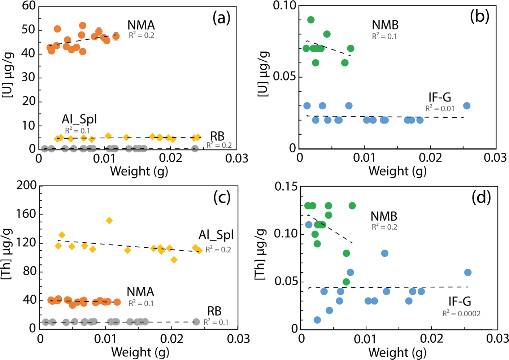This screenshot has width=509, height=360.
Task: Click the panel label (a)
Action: (x=221, y=17)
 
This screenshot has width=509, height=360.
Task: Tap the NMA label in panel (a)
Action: (x=141, y=25)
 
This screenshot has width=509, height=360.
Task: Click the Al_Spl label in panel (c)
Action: (x=216, y=235)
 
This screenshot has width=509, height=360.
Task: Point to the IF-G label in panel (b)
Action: (x=440, y=97)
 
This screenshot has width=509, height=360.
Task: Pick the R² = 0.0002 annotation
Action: (x=461, y=314)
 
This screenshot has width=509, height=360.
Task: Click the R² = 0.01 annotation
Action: (x=440, y=108)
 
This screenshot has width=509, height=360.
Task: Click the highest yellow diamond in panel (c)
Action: (x=109, y=220)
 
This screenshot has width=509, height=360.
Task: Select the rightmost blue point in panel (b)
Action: (x=466, y=106)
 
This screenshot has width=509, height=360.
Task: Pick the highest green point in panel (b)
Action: (x=310, y=20)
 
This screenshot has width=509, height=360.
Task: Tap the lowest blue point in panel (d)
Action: (x=317, y=320)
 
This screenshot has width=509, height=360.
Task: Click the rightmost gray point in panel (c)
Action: (x=196, y=322)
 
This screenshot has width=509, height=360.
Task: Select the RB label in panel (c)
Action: (x=214, y=311)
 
